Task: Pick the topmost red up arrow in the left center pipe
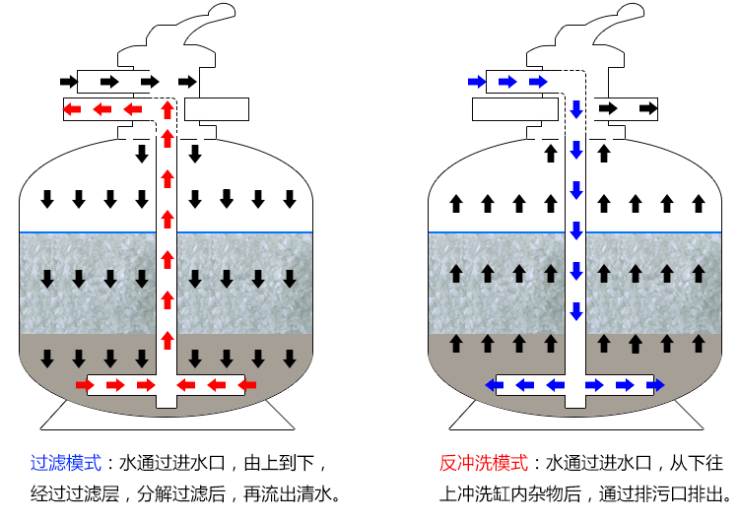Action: coord(167,108)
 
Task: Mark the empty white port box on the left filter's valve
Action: coord(217,108)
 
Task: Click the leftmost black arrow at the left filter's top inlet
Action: coord(68,81)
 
